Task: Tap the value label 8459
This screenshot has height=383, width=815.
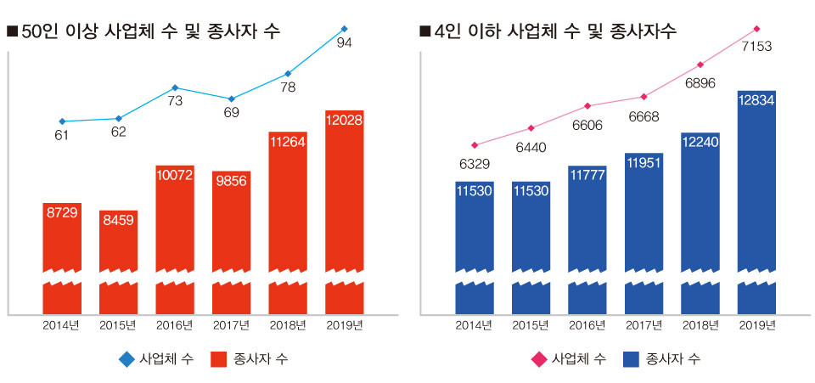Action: pyautogui.click(x=118, y=219)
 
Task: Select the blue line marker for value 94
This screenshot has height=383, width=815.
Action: pyautogui.click(x=344, y=28)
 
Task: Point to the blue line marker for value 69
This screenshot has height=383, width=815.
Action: pyautogui.click(x=231, y=99)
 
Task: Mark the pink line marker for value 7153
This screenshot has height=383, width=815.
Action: pyautogui.click(x=756, y=28)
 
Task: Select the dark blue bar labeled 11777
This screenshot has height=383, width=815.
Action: pyautogui.click(x=587, y=229)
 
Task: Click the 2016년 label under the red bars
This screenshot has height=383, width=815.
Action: pyautogui.click(x=175, y=325)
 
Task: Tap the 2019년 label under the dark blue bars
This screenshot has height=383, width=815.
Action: pyautogui.click(x=757, y=325)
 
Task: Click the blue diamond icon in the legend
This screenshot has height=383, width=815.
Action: pyautogui.click(x=126, y=359)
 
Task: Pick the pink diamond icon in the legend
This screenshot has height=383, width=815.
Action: pyautogui.click(x=537, y=359)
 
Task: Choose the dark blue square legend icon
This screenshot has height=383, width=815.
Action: pyautogui.click(x=629, y=359)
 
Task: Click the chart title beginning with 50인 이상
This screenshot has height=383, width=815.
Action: pyautogui.click(x=144, y=32)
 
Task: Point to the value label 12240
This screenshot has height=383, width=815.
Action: pyautogui.click(x=700, y=141)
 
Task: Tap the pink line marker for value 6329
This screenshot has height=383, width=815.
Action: pyautogui.click(x=475, y=145)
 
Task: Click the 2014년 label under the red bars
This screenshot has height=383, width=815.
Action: pyautogui.click(x=62, y=325)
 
